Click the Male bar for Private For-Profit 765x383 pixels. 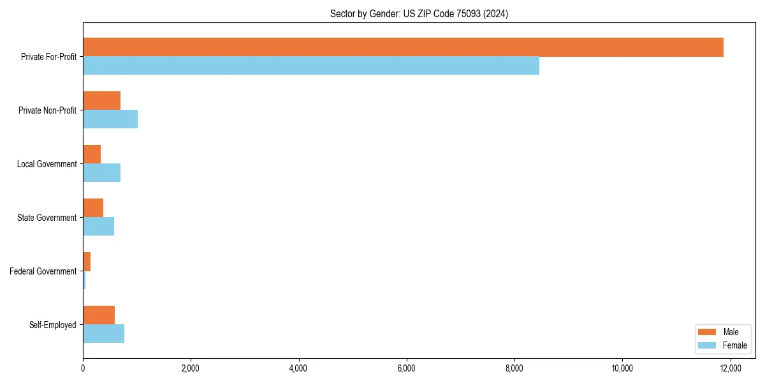point(403,47)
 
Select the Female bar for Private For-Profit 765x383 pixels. point(311,65)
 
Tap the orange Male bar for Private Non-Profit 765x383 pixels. point(102,101)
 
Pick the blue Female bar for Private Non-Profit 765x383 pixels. point(110,119)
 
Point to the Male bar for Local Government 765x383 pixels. point(92,154)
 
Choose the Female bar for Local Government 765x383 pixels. point(102,172)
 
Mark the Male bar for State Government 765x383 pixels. point(93,208)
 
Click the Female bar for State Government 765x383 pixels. point(99,226)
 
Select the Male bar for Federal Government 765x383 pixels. point(87,262)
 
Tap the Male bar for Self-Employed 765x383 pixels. point(99,315)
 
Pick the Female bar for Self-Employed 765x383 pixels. point(104,333)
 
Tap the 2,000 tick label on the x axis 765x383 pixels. point(191,368)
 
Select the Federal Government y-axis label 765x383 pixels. point(43,271)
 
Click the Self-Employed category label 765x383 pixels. point(53,325)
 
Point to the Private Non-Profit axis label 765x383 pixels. point(47,110)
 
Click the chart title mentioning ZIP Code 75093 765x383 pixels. point(419,13)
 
